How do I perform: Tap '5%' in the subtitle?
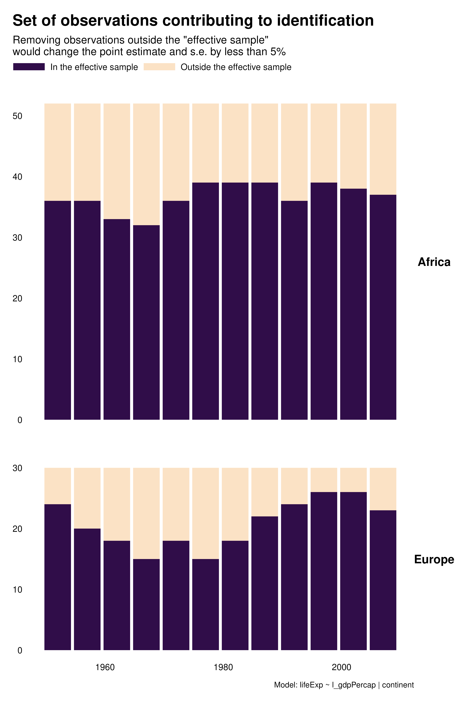pyautogui.click(x=278, y=52)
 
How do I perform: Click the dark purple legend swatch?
pyautogui.click(x=29, y=67)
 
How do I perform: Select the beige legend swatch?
pyautogui.click(x=159, y=67)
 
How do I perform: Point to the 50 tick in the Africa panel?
pyautogui.click(x=18, y=116)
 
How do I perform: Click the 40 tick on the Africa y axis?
pyautogui.click(x=18, y=177)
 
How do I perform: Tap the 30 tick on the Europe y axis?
pyautogui.click(x=18, y=468)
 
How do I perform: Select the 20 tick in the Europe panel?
pyautogui.click(x=18, y=529)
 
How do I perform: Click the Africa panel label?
pyautogui.click(x=434, y=262)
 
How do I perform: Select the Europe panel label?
pyautogui.click(x=434, y=559)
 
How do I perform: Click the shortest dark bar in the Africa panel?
pyautogui.click(x=146, y=322)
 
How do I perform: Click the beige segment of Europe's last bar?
pyautogui.click(x=383, y=489)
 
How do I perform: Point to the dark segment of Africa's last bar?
pyautogui.click(x=383, y=307)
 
